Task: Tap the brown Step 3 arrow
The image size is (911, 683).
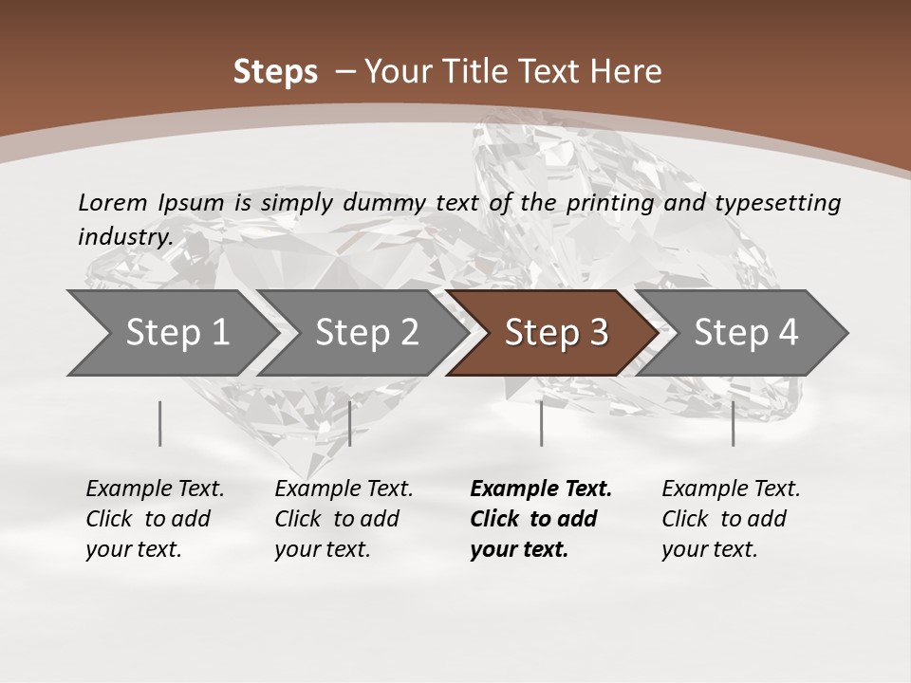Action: (x=556, y=333)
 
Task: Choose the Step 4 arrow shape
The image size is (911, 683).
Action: (x=746, y=333)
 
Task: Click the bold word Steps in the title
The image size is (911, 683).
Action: (x=275, y=72)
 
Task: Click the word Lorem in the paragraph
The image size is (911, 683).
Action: (x=113, y=202)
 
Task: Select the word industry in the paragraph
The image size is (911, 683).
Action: (x=124, y=236)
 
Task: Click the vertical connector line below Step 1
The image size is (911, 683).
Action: (x=159, y=423)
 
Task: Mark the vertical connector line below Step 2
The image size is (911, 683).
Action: (x=350, y=423)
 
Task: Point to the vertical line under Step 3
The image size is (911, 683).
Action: (x=541, y=423)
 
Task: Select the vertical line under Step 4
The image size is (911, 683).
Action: (x=733, y=423)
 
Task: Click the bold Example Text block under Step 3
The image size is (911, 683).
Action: (x=540, y=519)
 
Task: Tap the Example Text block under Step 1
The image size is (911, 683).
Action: (x=155, y=519)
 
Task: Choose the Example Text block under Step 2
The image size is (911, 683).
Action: (x=344, y=519)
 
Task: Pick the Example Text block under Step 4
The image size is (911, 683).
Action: (x=731, y=519)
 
